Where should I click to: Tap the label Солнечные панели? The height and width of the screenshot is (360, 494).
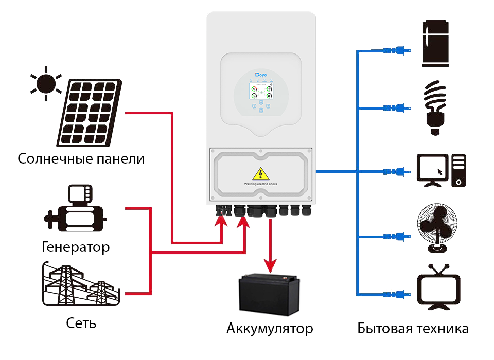click(81, 158)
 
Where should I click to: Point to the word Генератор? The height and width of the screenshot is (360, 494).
click(76, 247)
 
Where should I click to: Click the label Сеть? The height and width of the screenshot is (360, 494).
click(81, 323)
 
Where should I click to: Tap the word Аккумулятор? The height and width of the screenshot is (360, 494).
click(270, 328)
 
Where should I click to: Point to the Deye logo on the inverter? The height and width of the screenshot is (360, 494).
click(261, 75)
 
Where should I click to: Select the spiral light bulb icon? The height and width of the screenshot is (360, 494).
click(435, 107)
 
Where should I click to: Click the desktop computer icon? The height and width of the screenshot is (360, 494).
click(442, 170)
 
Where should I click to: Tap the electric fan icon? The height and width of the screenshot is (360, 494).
click(437, 229)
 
